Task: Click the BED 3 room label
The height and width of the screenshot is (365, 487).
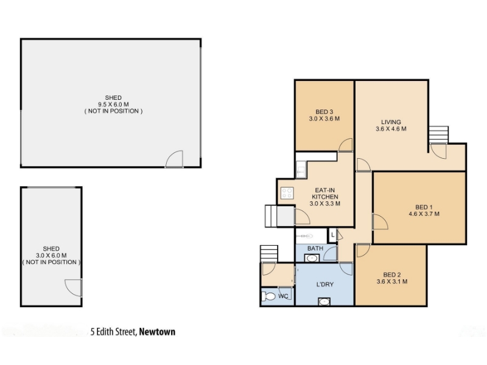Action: [x=324, y=112]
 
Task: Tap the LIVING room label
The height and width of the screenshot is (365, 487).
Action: [x=391, y=122]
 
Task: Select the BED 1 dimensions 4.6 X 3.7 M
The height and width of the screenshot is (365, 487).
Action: [x=424, y=214]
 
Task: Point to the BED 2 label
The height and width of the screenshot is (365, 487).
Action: [x=392, y=275]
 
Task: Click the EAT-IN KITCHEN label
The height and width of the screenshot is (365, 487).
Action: [x=325, y=193]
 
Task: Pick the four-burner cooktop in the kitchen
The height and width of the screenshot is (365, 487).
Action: [x=287, y=193]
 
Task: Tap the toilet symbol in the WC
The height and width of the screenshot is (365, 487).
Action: [x=268, y=296]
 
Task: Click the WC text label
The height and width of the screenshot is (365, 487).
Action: [x=283, y=296]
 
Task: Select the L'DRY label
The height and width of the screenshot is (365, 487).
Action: [x=325, y=284]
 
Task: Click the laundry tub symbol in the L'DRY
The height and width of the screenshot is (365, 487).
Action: [x=324, y=301]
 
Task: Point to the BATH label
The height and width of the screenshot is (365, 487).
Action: [x=315, y=248]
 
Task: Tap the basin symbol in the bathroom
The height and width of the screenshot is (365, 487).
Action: [x=311, y=258]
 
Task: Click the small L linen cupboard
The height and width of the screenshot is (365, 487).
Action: [x=332, y=235]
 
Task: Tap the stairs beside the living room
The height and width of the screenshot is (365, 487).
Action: [x=438, y=135]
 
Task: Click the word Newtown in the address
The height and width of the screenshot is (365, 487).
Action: [x=157, y=332]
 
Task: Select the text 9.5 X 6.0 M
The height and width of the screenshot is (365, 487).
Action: [x=113, y=105]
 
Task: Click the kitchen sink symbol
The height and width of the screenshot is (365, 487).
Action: [x=300, y=169]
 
